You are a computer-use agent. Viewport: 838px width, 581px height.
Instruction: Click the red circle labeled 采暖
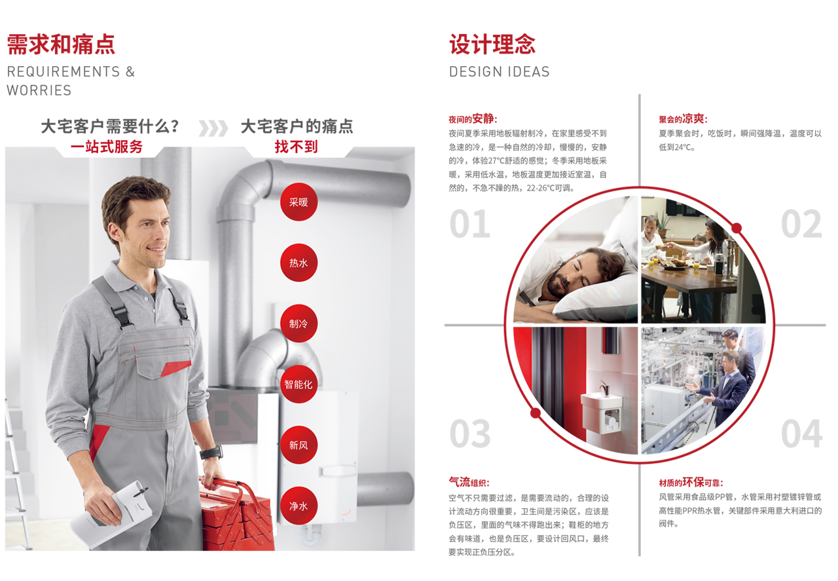(x=299, y=202)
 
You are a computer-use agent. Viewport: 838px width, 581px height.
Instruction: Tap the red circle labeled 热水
(x=299, y=263)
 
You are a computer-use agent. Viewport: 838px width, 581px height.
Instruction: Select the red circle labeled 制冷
(x=299, y=323)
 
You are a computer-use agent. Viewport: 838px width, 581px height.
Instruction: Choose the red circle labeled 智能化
(x=299, y=384)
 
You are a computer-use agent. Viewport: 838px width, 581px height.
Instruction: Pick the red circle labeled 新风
(x=299, y=445)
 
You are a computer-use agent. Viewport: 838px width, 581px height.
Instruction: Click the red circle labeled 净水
(x=299, y=506)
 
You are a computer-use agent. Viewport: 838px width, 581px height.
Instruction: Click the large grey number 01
(x=470, y=224)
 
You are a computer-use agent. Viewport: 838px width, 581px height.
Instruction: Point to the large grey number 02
(x=801, y=224)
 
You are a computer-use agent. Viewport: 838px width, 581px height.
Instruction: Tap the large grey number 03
(x=470, y=434)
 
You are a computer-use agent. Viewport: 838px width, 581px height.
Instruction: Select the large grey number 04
(x=802, y=434)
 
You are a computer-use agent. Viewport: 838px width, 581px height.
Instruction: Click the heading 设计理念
(x=492, y=44)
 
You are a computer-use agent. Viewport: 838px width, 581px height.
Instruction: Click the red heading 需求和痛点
(x=61, y=44)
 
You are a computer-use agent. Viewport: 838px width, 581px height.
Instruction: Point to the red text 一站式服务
(x=107, y=146)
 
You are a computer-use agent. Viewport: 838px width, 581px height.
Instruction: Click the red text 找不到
(x=297, y=146)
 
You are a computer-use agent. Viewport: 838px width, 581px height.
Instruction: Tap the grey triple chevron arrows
(x=213, y=128)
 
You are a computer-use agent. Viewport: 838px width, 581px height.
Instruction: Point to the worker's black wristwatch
(x=211, y=452)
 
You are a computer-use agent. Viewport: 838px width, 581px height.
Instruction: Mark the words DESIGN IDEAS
(x=499, y=71)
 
